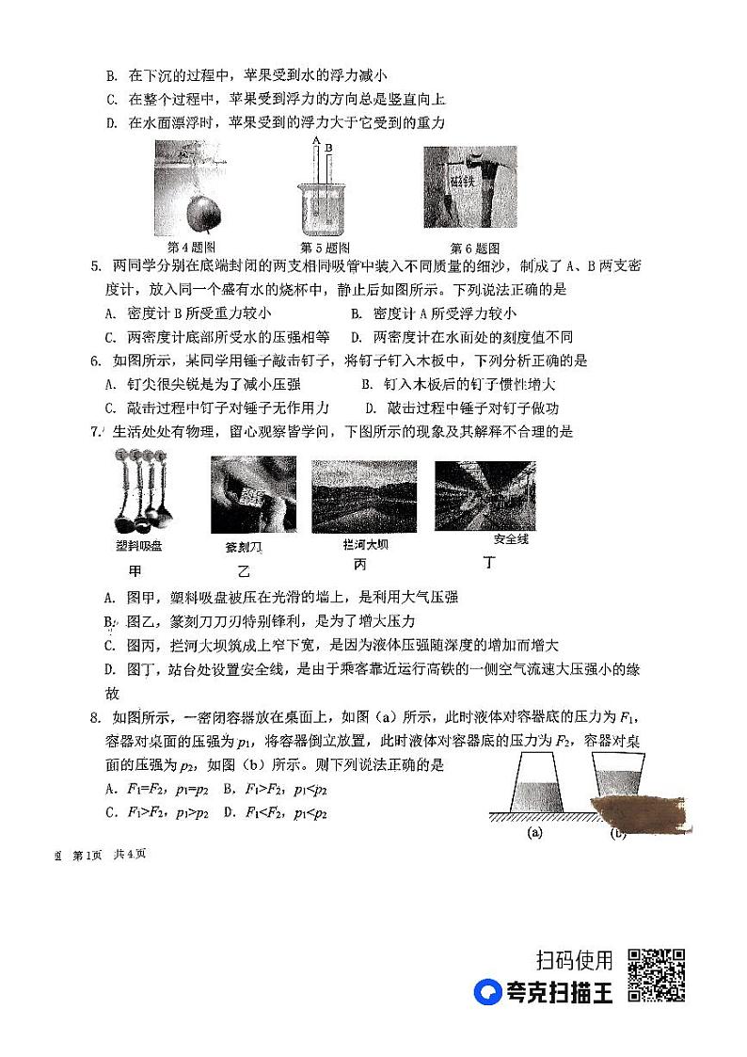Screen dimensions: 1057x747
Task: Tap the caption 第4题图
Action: pyautogui.click(x=192, y=248)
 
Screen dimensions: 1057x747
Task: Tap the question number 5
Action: pyautogui.click(x=95, y=266)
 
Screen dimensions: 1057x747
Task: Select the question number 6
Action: pyautogui.click(x=95, y=360)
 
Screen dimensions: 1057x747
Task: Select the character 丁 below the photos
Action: pyautogui.click(x=488, y=564)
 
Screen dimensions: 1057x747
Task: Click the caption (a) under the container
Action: pyautogui.click(x=535, y=832)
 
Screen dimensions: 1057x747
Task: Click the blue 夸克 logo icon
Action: pyautogui.click(x=488, y=993)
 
